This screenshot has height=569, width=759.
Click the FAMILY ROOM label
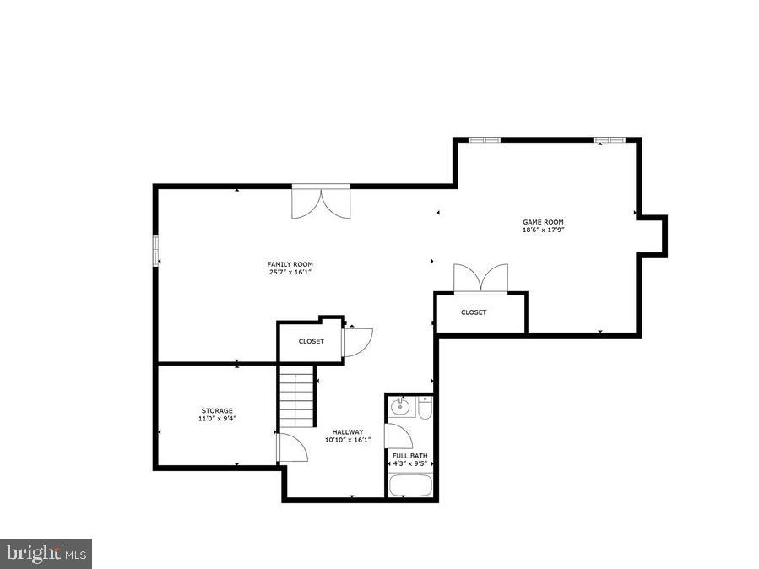click(290, 264)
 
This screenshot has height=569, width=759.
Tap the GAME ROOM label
click(542, 222)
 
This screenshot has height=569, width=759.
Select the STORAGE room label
click(217, 410)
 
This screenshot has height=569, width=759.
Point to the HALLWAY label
click(347, 431)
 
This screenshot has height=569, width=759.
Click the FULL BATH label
click(409, 456)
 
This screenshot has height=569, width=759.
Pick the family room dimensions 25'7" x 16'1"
click(290, 273)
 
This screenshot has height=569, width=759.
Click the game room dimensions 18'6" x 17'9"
click(542, 230)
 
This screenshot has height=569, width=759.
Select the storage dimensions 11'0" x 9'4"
click(217, 418)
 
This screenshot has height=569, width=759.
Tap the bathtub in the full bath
click(410, 486)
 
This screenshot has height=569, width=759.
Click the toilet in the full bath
click(425, 409)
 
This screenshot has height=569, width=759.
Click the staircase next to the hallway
click(296, 397)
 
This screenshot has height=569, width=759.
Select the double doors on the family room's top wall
click(321, 202)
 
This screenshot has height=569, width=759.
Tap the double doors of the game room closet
click(481, 279)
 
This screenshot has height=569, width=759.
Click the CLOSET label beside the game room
click(474, 312)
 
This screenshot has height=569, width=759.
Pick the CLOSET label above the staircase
click(311, 341)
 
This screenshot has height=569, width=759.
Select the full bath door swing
click(398, 436)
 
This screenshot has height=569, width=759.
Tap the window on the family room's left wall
click(155, 251)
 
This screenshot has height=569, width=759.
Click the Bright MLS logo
click(46, 553)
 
